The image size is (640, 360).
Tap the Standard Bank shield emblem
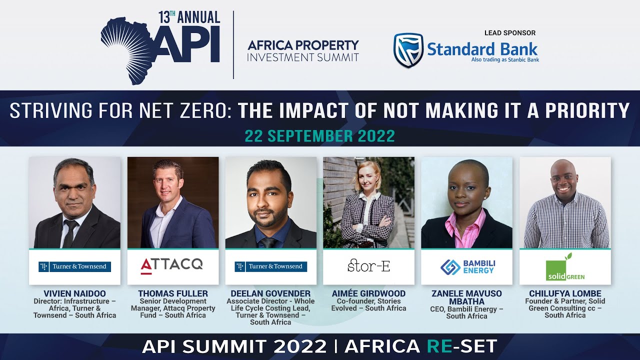[x=408, y=50]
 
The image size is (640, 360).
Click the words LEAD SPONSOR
[x=509, y=33]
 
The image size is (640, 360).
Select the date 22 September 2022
[x=320, y=136]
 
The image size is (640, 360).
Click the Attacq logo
[x=172, y=264]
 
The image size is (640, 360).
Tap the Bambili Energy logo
[x=466, y=266]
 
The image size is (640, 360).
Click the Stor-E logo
[x=368, y=266]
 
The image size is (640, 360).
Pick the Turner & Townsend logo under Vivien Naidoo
[x=75, y=266]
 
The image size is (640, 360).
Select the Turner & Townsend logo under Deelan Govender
[x=270, y=266]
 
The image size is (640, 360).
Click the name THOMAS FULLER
[x=173, y=293]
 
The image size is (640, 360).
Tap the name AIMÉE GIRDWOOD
[x=368, y=293]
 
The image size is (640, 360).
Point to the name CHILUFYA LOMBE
[x=565, y=293]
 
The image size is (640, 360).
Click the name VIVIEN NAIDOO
[x=75, y=293]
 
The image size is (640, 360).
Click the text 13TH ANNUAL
[x=189, y=17]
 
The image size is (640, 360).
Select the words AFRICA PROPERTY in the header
[x=303, y=46]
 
